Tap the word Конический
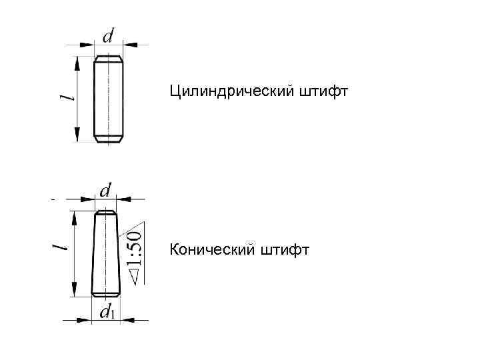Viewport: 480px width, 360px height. coord(211,250)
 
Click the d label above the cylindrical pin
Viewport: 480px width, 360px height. coord(107,35)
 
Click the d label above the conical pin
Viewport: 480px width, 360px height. coord(105,191)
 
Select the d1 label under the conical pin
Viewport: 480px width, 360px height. coord(107,311)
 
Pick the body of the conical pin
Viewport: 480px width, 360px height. coord(105,253)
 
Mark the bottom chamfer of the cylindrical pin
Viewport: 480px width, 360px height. coord(108,138)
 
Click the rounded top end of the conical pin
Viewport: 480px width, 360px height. coord(105,213)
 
